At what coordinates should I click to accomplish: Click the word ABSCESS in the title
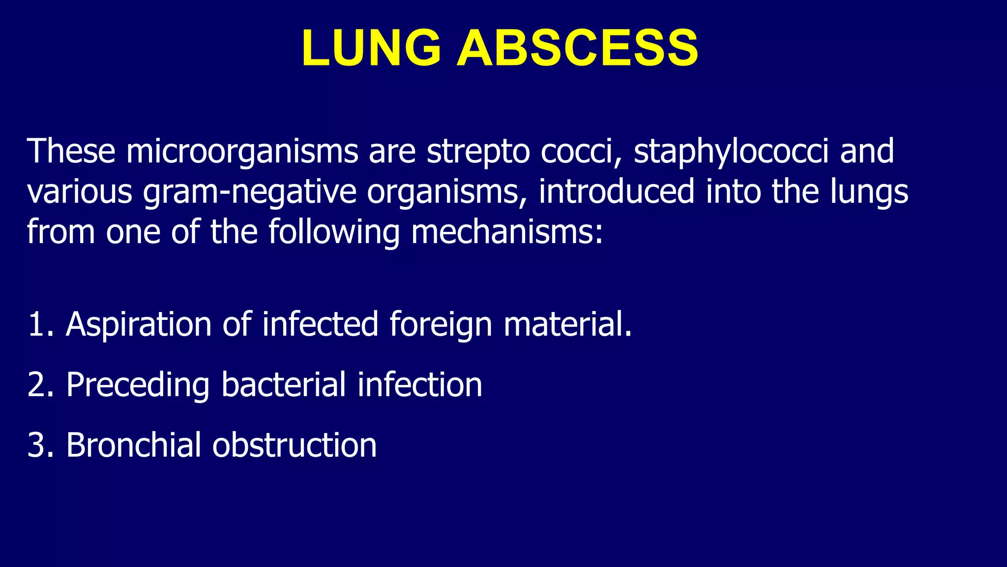[x=577, y=48]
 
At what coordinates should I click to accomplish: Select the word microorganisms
[x=242, y=151]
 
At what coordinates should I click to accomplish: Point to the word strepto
[x=478, y=151]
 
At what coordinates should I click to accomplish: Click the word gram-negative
[x=249, y=191]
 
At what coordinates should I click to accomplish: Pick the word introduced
[x=617, y=191]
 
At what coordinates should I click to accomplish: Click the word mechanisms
[x=506, y=232]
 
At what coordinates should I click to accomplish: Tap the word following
[x=334, y=232]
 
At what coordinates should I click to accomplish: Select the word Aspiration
[x=139, y=324]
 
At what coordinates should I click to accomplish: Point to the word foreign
[x=441, y=324]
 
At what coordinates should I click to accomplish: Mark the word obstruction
[x=295, y=445]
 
